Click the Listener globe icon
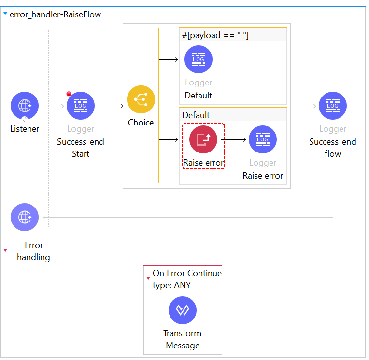(x=25, y=106)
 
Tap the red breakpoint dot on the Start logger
(x=69, y=94)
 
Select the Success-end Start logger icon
(x=81, y=106)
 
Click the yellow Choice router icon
(x=141, y=99)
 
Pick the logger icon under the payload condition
(x=199, y=59)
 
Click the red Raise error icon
(x=203, y=139)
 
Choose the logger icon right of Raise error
(x=263, y=139)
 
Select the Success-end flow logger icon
(x=332, y=106)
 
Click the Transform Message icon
(x=183, y=310)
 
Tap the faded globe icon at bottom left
(x=25, y=217)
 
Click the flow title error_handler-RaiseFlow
(x=56, y=14)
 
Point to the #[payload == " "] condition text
(x=215, y=35)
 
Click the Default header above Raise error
(x=196, y=115)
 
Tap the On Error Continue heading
(x=187, y=273)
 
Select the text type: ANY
(x=171, y=285)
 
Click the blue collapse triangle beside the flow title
(x=5, y=14)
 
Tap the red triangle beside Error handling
(x=5, y=250)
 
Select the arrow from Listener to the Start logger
(x=53, y=106)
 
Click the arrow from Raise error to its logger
(x=233, y=139)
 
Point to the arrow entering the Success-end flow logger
(x=303, y=106)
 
